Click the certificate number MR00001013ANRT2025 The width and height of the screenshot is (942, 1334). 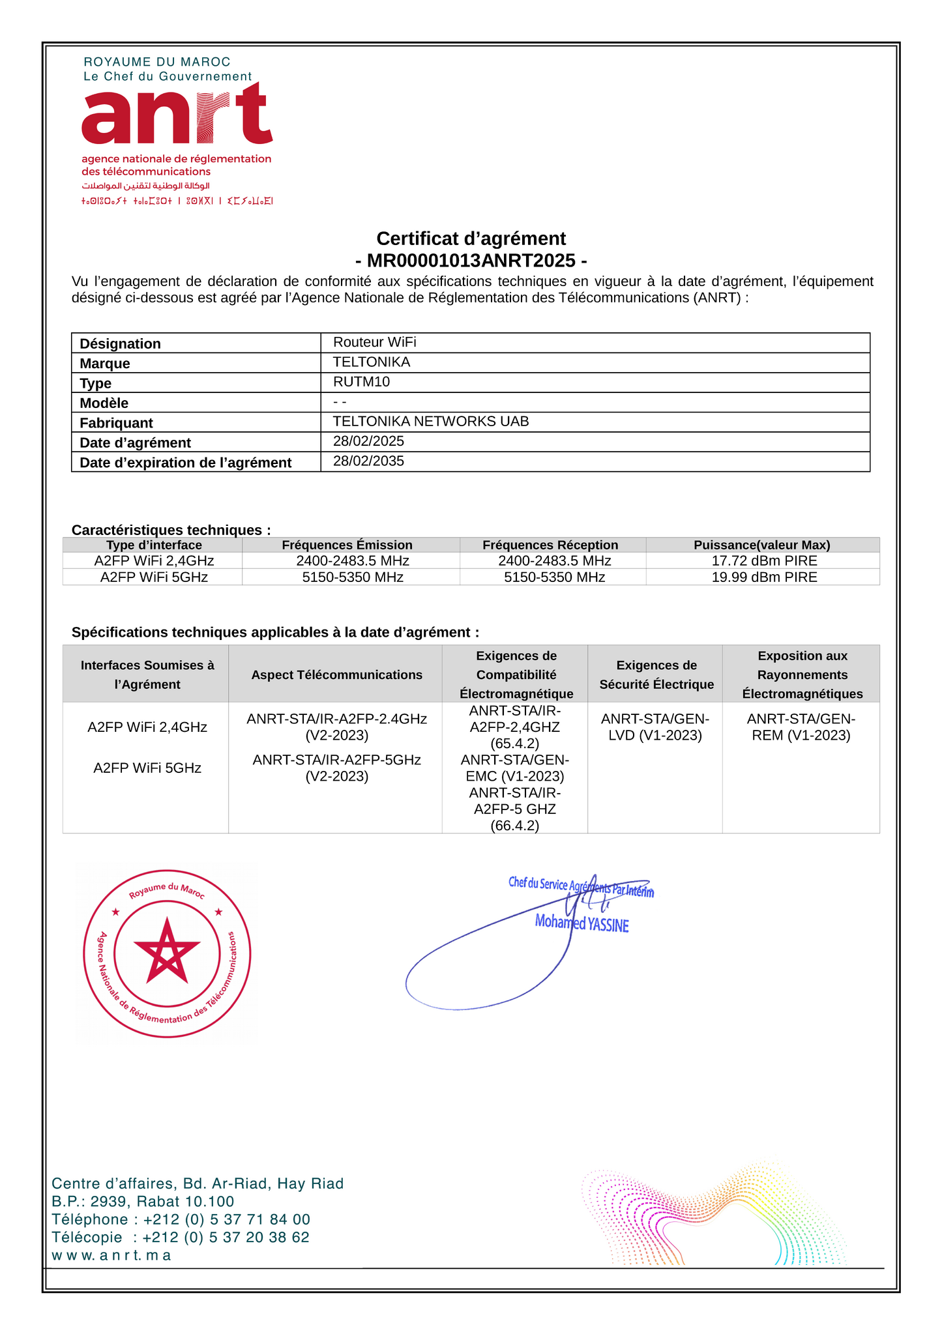(x=471, y=261)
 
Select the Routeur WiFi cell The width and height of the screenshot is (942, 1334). (x=374, y=342)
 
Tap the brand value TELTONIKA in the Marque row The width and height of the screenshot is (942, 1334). (x=372, y=362)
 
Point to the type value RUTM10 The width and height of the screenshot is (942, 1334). (x=361, y=382)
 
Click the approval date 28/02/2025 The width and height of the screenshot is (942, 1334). (x=368, y=441)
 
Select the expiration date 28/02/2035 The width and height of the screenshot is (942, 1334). (x=368, y=461)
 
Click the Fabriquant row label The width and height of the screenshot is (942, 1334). (x=116, y=423)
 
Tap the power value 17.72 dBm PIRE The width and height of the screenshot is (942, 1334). (x=764, y=561)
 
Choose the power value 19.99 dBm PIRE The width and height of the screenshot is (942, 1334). (x=764, y=577)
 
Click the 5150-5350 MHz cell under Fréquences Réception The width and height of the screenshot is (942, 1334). (x=554, y=577)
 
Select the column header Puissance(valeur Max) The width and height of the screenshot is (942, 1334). (x=761, y=545)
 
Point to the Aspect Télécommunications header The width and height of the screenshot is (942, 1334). (x=336, y=675)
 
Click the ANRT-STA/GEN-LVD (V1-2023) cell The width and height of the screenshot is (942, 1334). (x=655, y=727)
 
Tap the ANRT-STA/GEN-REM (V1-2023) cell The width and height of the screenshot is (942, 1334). (x=801, y=727)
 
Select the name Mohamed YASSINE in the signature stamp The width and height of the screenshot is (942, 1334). (x=581, y=923)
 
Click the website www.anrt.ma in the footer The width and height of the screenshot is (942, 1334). (x=111, y=1255)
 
